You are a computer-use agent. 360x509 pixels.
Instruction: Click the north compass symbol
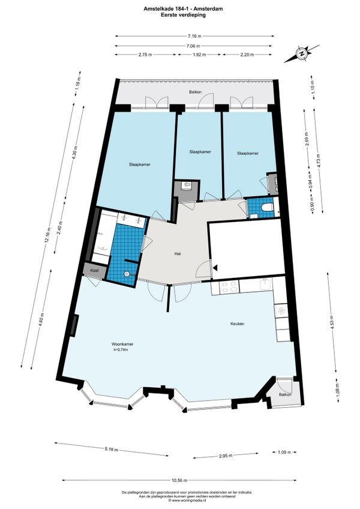point(302,53)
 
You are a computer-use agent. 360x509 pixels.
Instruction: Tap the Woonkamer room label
point(122,344)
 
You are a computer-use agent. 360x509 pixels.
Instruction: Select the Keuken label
point(237,324)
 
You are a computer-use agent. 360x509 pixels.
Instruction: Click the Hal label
point(177,254)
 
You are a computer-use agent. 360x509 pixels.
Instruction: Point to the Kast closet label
point(94,270)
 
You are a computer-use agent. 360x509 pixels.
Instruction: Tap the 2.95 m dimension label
point(226,456)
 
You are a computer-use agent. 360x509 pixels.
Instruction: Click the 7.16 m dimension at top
point(194,36)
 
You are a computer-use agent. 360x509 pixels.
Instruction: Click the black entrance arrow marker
point(215,268)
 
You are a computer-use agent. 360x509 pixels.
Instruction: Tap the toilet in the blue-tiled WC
point(267,206)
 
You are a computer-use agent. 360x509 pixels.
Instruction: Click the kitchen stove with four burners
point(228,288)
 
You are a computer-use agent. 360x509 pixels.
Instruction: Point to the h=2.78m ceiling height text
point(121,349)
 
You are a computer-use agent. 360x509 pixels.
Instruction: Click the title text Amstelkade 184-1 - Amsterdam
point(183,9)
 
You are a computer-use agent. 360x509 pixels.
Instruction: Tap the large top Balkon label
point(195,92)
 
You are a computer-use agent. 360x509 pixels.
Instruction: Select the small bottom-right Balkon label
point(285,394)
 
